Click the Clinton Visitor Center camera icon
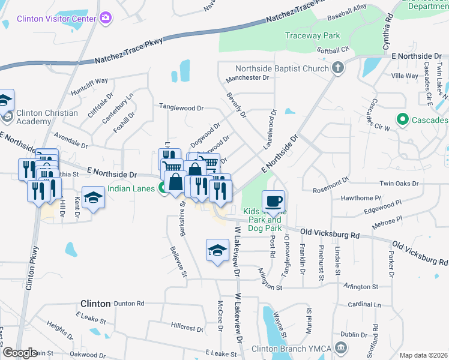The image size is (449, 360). tap(106, 18)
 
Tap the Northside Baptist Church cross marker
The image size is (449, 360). tap(338, 68)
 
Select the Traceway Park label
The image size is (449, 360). tap(312, 35)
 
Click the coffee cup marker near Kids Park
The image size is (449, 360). tap(274, 200)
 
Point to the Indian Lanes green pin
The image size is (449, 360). tap(162, 189)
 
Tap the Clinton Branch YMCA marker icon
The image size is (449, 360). tap(340, 347)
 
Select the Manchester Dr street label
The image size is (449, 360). tap(247, 78)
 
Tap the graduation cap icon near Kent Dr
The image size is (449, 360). tap(93, 197)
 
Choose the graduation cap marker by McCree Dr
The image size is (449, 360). tap(217, 250)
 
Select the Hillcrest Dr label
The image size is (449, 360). tap(190, 328)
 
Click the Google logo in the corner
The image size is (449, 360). tap(20, 353)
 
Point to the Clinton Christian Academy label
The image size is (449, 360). tap(47, 117)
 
